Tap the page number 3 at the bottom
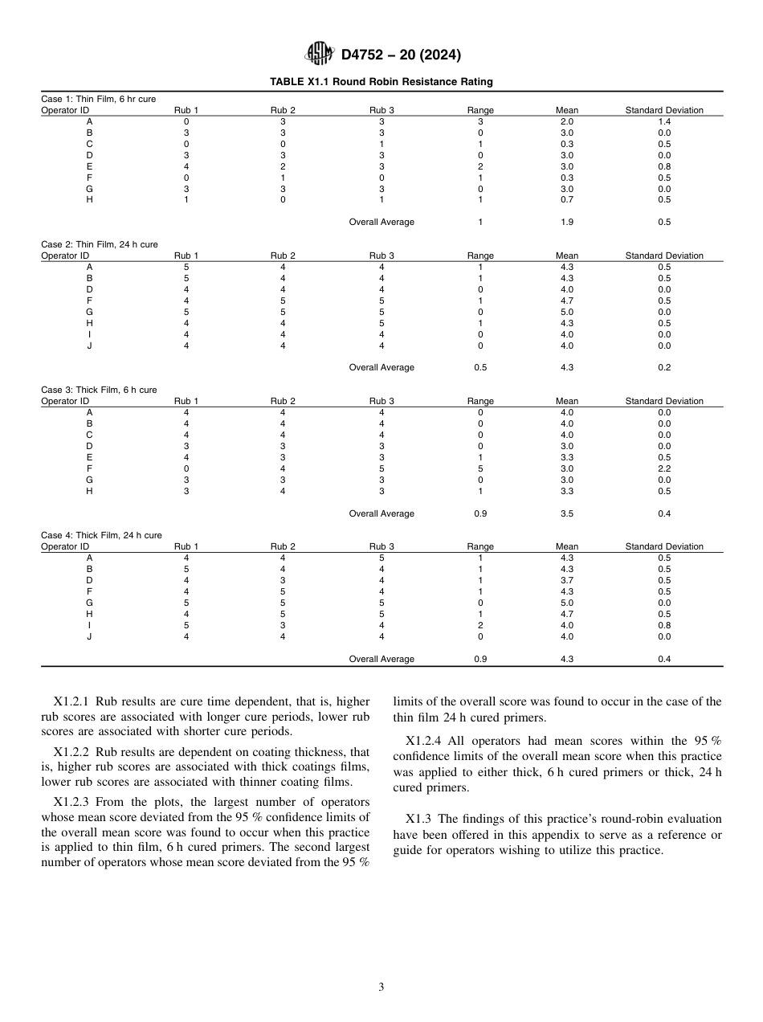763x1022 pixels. point(381,987)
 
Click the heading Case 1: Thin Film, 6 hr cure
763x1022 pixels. point(98,99)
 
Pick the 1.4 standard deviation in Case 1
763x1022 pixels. point(664,121)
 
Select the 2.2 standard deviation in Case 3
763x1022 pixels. point(664,468)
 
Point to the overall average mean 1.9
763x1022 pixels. point(566,222)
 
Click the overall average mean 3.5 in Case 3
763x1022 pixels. point(566,513)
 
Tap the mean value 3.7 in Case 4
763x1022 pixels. point(566,580)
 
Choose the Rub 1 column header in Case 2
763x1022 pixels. point(186,255)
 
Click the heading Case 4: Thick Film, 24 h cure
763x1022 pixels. point(101,535)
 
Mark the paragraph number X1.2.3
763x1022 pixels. point(72,802)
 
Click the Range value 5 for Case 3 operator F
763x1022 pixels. point(480,468)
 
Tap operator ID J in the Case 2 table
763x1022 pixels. point(89,345)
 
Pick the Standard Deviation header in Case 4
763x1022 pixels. point(664,546)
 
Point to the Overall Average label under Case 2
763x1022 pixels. point(381,367)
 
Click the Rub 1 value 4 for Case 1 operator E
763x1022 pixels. point(186,166)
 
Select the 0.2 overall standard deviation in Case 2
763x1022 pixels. point(664,367)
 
